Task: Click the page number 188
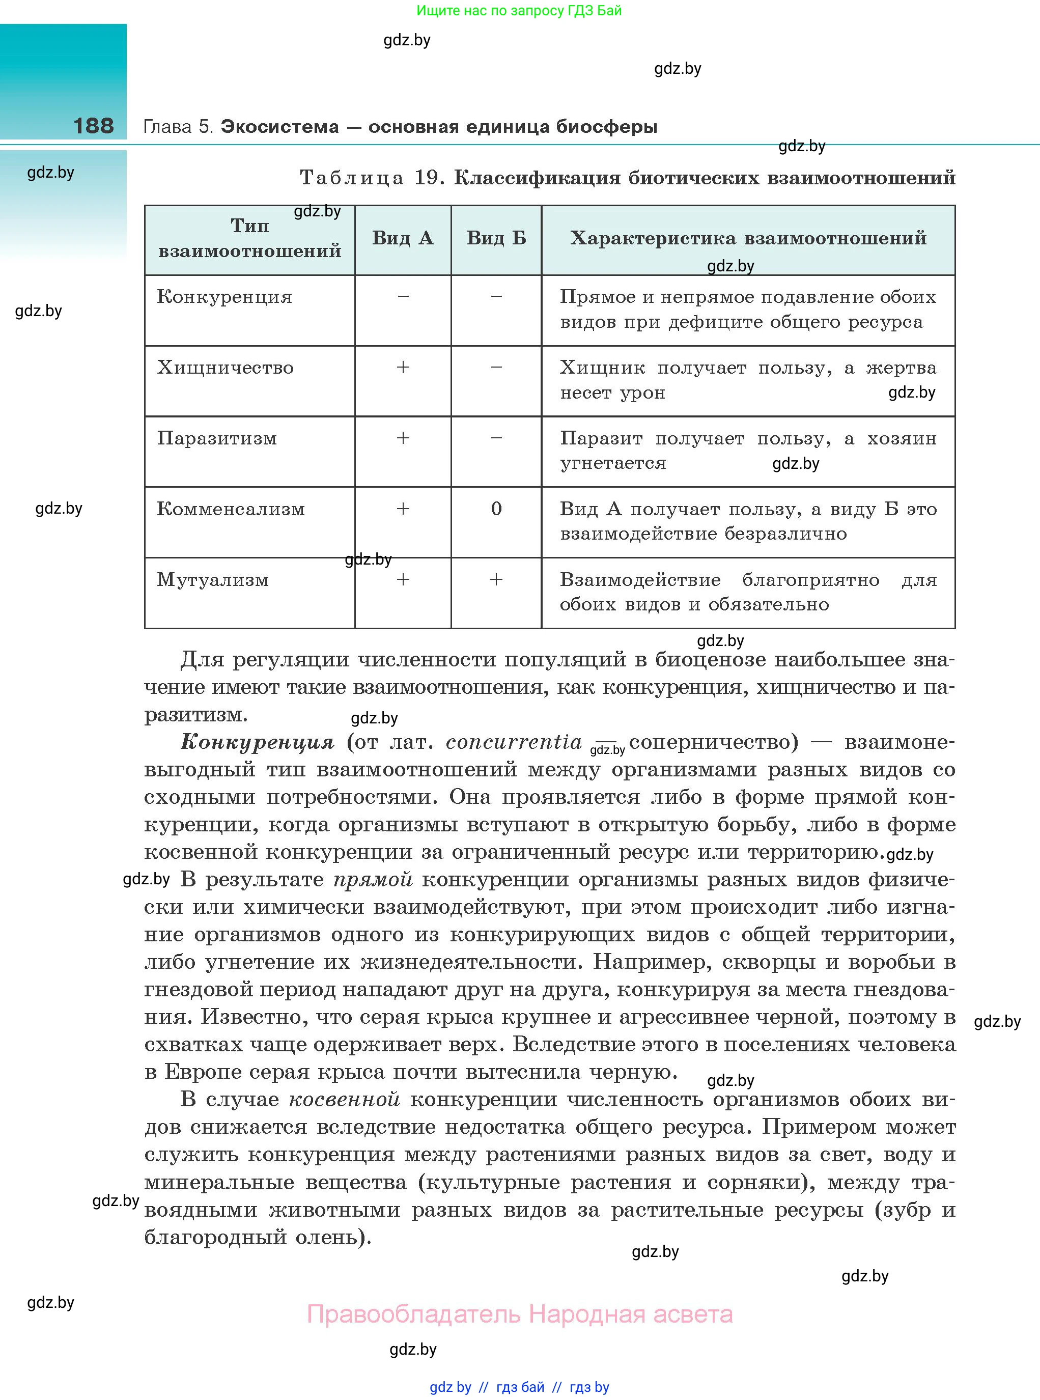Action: (x=93, y=125)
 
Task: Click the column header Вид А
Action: (x=402, y=238)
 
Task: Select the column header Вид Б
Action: (x=496, y=238)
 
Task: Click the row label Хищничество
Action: (x=224, y=368)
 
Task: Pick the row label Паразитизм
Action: (x=216, y=438)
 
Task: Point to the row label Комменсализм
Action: (x=231, y=509)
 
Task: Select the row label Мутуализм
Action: (x=213, y=579)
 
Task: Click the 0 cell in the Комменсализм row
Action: (x=496, y=509)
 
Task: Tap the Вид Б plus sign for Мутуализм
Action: (x=496, y=579)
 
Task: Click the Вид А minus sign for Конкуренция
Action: (x=403, y=296)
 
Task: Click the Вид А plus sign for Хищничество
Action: (x=403, y=368)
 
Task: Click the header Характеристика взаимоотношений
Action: (x=748, y=238)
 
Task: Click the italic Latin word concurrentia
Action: (x=514, y=742)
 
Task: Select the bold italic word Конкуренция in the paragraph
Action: (x=257, y=742)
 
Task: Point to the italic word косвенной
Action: (x=344, y=1099)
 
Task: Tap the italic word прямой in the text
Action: (x=373, y=879)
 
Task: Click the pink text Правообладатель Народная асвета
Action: (x=519, y=1314)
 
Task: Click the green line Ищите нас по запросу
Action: (x=519, y=10)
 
